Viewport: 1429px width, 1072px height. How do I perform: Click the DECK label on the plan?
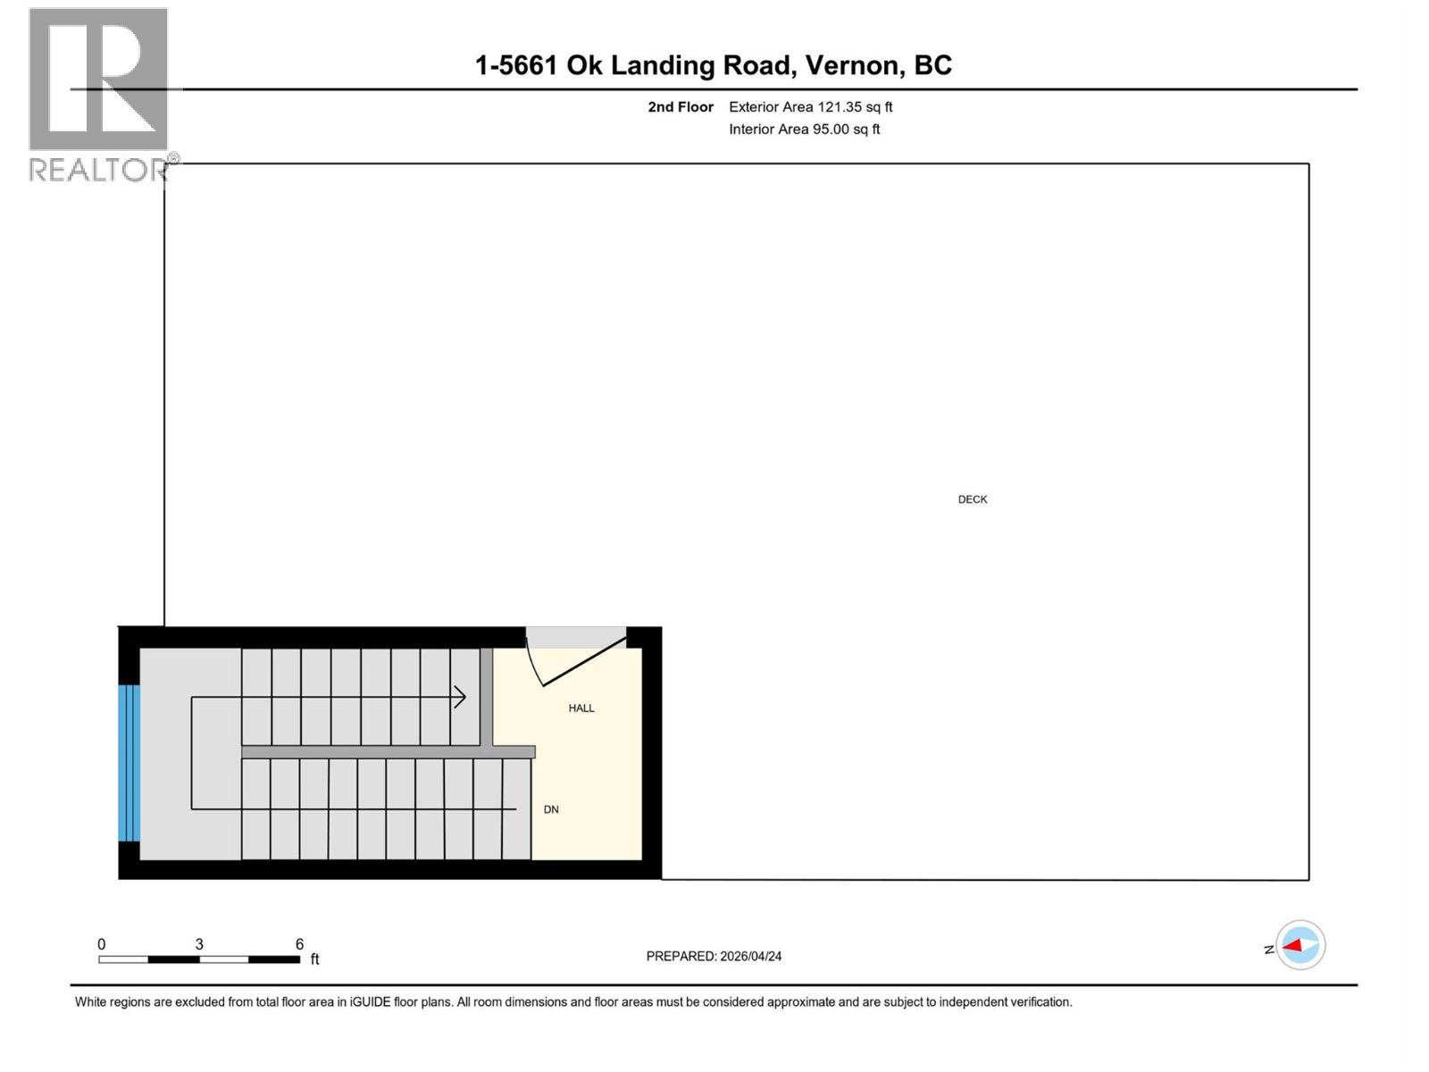pyautogui.click(x=973, y=499)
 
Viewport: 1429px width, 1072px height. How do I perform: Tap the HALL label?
pyautogui.click(x=581, y=708)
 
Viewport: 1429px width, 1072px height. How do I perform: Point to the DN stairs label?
pyautogui.click(x=551, y=809)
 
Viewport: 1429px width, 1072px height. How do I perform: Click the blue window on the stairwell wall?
pyautogui.click(x=130, y=763)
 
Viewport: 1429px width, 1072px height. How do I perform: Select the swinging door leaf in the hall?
pyautogui.click(x=584, y=662)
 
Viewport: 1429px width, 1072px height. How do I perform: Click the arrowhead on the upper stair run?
pyautogui.click(x=460, y=697)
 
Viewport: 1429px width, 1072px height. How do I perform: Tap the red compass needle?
pyautogui.click(x=1292, y=945)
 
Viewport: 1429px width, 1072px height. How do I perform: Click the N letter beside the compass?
pyautogui.click(x=1269, y=950)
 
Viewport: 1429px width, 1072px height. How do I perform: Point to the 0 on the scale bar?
pyautogui.click(x=102, y=944)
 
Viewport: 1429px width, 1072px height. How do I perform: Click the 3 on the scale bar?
pyautogui.click(x=199, y=944)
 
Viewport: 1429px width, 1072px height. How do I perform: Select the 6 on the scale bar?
pyautogui.click(x=299, y=944)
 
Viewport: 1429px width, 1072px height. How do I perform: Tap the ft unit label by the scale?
pyautogui.click(x=314, y=959)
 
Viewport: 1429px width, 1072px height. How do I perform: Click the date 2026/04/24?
pyautogui.click(x=751, y=956)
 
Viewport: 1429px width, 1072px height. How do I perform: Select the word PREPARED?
pyautogui.click(x=681, y=956)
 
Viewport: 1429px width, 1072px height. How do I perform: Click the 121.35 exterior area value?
pyautogui.click(x=840, y=107)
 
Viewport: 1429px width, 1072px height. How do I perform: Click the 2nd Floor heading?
pyautogui.click(x=681, y=107)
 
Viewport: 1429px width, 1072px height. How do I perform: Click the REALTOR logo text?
pyautogui.click(x=98, y=169)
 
